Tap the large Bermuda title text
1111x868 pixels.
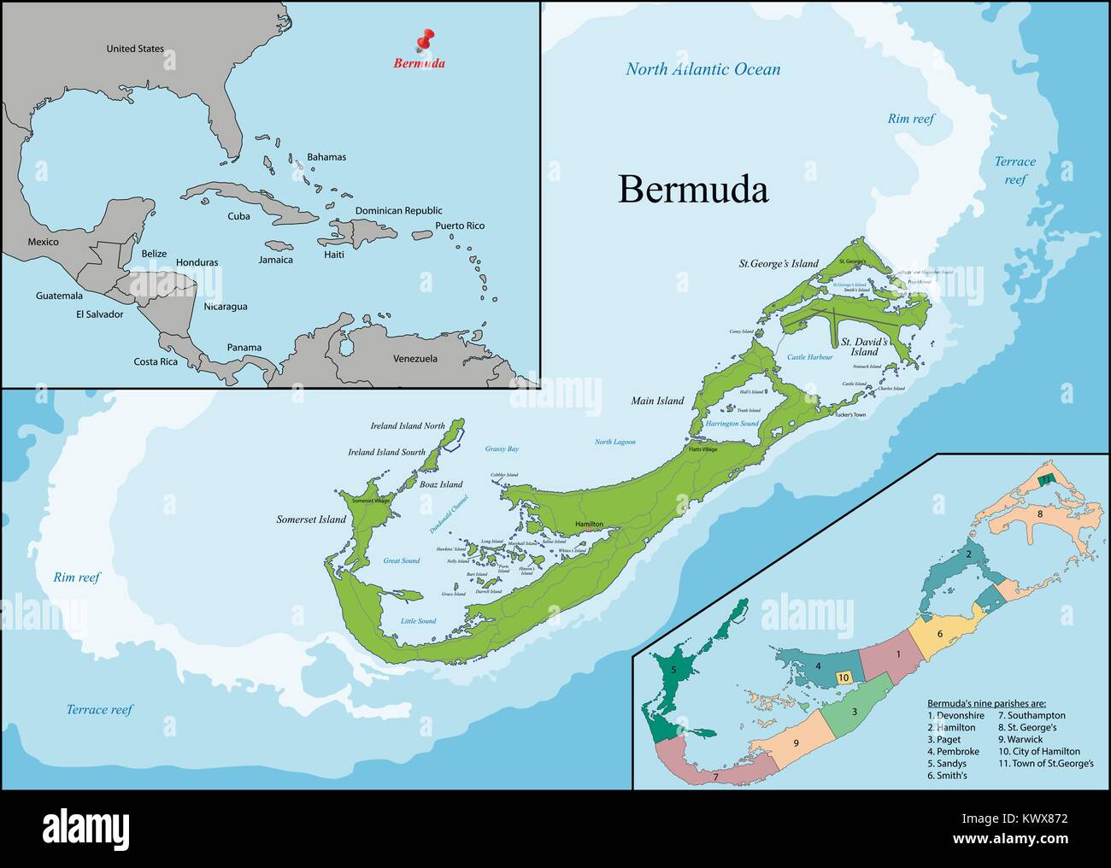coord(692,190)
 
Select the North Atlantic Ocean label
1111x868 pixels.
coord(702,69)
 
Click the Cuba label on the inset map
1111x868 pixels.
coord(238,216)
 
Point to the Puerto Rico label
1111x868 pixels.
coord(459,226)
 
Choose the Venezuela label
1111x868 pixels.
coord(414,359)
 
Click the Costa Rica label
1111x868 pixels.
coord(156,361)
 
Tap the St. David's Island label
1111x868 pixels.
coord(865,347)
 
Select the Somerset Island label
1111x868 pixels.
coord(311,519)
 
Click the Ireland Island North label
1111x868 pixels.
coord(408,425)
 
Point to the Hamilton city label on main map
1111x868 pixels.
coord(589,524)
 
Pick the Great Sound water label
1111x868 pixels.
coord(401,561)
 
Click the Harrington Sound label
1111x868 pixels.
coord(732,424)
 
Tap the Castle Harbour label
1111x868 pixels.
coord(809,357)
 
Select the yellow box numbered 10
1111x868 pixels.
coord(843,677)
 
